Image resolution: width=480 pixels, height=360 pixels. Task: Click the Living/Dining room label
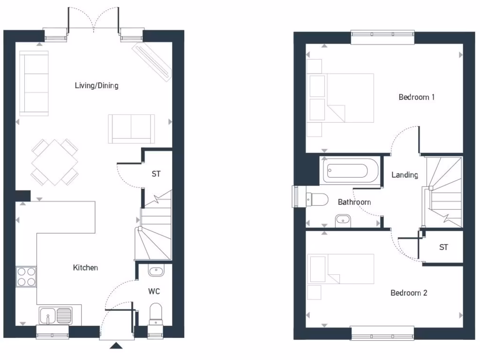97,86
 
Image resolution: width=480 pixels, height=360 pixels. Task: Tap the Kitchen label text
85,268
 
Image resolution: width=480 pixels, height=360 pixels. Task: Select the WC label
154,292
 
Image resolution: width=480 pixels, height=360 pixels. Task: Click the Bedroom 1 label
417,97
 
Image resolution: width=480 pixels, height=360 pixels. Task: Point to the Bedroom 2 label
409,293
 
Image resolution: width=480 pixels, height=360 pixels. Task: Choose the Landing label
405,175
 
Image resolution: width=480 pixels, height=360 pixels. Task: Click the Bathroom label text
354,202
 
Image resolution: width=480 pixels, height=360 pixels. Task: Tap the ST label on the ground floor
156,174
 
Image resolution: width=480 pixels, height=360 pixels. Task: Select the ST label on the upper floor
443,247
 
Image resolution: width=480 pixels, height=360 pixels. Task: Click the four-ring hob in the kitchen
26,276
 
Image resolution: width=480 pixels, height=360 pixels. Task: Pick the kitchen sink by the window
56,315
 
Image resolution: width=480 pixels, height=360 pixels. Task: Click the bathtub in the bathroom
350,171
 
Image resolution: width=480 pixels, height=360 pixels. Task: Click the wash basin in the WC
155,271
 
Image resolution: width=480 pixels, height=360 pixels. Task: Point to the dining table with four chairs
54,162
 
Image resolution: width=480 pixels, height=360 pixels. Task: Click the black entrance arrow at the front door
116,346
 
